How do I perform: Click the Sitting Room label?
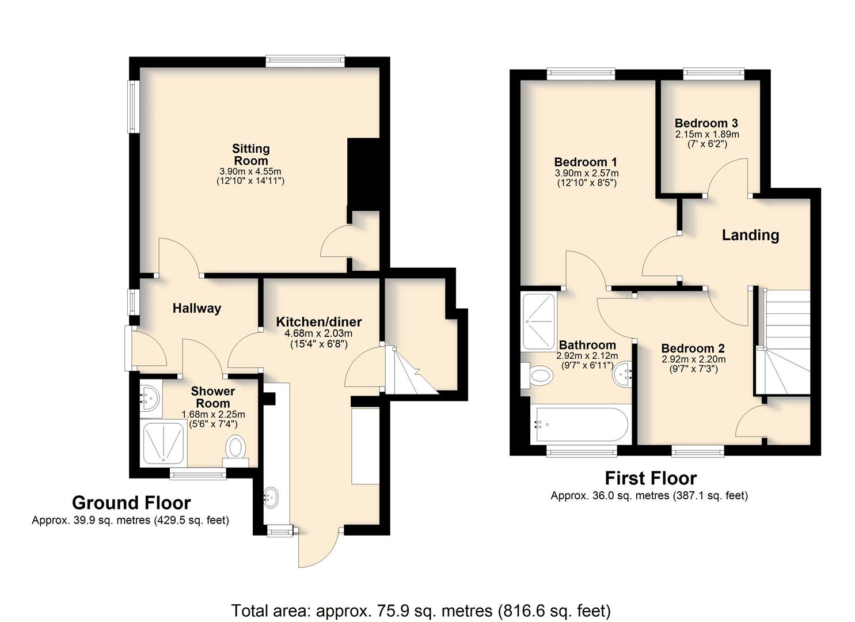coord(251,154)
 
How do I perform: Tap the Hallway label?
coord(196,309)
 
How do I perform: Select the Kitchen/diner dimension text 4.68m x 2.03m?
coord(318,333)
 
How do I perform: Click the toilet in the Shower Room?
coord(235,450)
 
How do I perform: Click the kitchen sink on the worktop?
coord(271,497)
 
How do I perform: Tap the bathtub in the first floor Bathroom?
coord(580,424)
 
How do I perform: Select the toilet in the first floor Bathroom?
coord(537,376)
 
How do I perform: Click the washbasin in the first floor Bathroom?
coord(622,374)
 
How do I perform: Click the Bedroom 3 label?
coord(706,123)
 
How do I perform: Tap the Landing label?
coord(750,235)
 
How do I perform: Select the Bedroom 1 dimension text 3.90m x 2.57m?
coord(587,173)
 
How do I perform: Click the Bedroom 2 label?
coord(693,348)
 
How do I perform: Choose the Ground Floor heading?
coord(131,503)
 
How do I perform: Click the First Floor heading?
coord(651,478)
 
